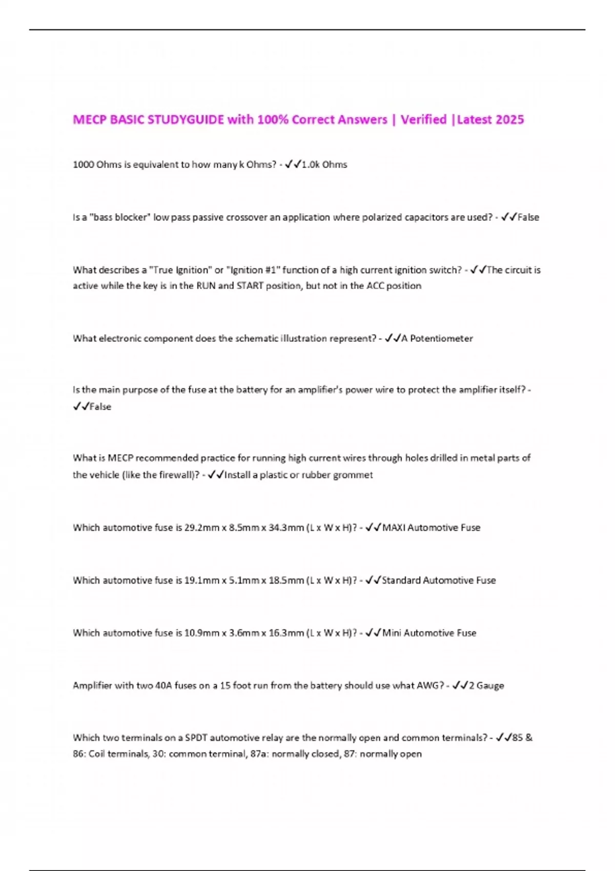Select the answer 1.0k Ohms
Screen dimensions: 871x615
coord(324,165)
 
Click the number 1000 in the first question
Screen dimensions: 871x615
coord(83,165)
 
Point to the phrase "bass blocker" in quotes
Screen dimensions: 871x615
coord(120,218)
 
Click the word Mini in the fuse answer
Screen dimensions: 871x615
coord(392,633)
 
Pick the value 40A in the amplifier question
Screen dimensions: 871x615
coord(163,686)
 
